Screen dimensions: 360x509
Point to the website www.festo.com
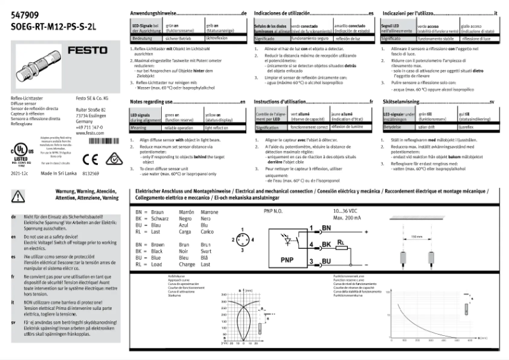90,133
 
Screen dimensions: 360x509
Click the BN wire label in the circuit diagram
327,227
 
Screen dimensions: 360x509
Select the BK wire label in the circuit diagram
326,244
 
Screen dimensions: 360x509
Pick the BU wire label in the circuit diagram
326,261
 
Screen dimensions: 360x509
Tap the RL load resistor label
341,241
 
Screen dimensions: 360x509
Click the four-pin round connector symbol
241,239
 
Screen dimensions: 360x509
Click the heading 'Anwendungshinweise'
154,13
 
